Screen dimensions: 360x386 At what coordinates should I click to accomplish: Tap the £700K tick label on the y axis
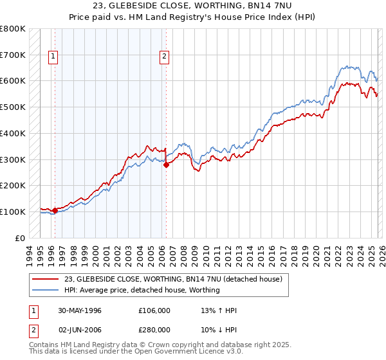point(13,55)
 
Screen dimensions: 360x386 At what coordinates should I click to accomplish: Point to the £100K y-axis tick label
point(13,212)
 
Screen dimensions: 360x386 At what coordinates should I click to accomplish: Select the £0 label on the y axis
point(19,238)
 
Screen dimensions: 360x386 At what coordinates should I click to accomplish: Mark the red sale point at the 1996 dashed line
point(55,210)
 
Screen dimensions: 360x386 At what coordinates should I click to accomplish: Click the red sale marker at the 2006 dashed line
point(166,165)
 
